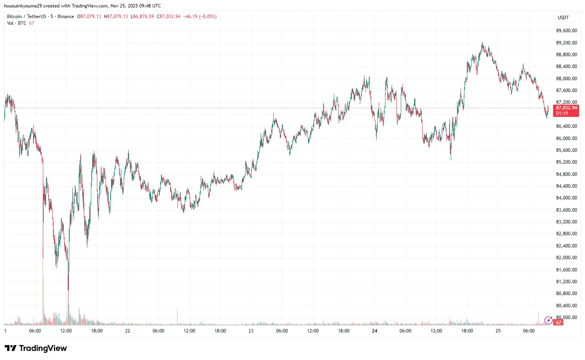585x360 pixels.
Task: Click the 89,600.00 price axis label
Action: click(x=566, y=31)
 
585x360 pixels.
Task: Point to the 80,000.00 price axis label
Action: click(x=566, y=318)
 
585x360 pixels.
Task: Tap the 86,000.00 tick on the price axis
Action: click(x=566, y=138)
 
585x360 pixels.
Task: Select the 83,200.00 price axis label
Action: click(x=566, y=222)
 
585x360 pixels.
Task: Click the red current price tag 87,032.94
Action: click(x=566, y=108)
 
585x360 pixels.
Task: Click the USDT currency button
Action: click(x=563, y=17)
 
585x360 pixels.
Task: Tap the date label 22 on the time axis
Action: click(x=128, y=331)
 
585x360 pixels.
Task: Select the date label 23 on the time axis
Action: click(x=251, y=331)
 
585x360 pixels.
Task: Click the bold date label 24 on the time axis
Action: click(x=374, y=331)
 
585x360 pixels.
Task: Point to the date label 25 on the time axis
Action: click(x=498, y=331)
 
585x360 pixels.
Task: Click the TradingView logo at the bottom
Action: click(x=36, y=348)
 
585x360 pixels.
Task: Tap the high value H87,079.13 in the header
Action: click(x=116, y=17)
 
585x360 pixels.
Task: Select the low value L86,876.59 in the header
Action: click(x=142, y=17)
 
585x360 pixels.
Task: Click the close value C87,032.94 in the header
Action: click(x=168, y=17)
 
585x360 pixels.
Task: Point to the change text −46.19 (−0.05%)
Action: click(x=200, y=17)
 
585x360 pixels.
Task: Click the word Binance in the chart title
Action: click(x=66, y=17)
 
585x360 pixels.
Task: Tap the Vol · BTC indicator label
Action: click(x=17, y=23)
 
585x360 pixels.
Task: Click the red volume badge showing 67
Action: click(x=558, y=323)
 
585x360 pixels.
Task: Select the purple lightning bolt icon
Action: click(x=548, y=321)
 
